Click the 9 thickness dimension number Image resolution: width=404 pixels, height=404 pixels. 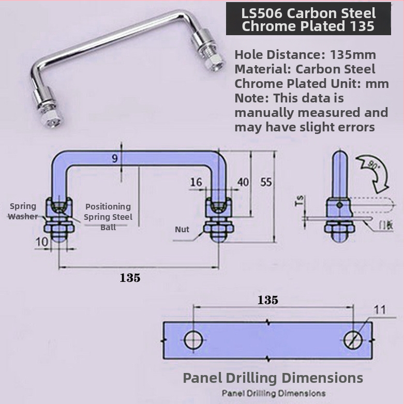coord(114,159)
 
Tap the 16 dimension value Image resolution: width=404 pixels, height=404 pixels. coord(196,182)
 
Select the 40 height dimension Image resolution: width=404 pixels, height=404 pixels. coord(243,182)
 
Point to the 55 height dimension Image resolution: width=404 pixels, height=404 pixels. coord(266,182)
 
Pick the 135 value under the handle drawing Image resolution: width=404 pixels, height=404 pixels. coord(130,278)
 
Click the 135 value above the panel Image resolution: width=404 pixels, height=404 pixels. coord(268,300)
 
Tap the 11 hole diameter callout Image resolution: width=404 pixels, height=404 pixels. coord(380,310)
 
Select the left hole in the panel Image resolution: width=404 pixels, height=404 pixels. coord(193,340)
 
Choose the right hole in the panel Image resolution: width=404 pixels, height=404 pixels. coord(353,340)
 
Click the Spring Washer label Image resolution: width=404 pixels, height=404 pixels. coord(23,211)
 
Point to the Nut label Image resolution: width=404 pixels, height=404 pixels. coord(182,229)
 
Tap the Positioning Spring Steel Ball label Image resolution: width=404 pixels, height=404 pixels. coord(108,216)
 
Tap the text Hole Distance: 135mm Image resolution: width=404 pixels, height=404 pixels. coord(305,54)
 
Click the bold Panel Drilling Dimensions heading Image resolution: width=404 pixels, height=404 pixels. coord(273,378)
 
